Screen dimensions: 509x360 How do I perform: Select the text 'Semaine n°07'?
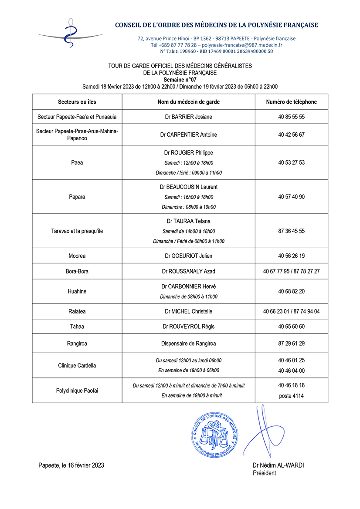point(180,80)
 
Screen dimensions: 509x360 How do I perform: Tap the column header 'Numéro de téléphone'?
point(291,102)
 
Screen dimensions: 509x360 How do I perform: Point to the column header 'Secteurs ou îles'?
point(77,102)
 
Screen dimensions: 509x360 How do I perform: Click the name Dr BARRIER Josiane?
point(188,117)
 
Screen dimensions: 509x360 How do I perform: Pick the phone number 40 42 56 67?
point(291,135)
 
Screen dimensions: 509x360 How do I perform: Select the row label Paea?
point(77,162)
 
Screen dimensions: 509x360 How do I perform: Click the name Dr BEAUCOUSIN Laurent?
point(188,187)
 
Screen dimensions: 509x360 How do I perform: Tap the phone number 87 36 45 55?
point(291,231)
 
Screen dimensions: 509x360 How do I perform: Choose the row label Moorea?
point(77,256)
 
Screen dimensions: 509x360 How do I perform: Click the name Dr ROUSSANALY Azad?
point(188,271)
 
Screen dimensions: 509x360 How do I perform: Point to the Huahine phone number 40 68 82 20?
point(291,291)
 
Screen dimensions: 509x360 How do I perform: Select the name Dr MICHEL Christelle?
point(188,311)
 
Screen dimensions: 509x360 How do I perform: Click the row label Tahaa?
point(77,327)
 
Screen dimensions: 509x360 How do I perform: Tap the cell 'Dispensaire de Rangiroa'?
point(188,343)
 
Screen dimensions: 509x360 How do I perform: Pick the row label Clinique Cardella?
point(77,365)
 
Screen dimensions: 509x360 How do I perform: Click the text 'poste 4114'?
point(291,396)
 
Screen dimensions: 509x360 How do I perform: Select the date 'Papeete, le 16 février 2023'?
point(71,465)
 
